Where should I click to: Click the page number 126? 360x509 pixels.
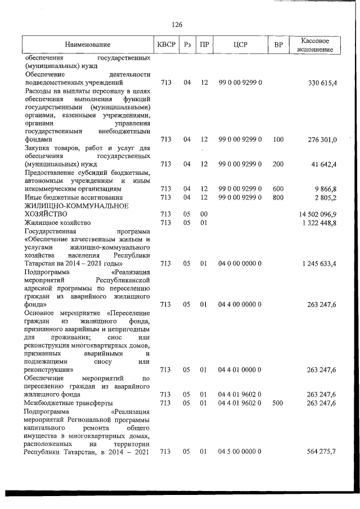(x=177, y=24)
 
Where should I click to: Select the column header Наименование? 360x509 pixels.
(x=87, y=44)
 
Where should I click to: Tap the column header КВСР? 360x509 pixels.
(x=165, y=44)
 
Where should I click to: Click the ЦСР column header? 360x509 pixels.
(x=240, y=44)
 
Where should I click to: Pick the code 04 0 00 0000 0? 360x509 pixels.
(x=240, y=263)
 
